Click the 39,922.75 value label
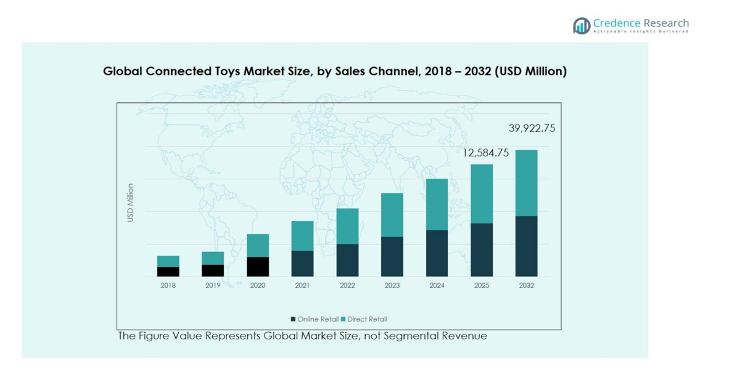(532, 128)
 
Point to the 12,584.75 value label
(486, 153)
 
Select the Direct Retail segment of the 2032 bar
(526, 183)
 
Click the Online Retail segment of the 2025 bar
(482, 249)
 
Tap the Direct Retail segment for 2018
(168, 261)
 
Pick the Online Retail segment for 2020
(258, 266)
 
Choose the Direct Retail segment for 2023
(392, 215)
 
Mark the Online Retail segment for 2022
(347, 260)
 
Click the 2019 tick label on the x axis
(213, 285)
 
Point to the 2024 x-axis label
(437, 285)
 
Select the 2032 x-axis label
(526, 285)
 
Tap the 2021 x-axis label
(302, 285)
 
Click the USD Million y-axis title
(130, 203)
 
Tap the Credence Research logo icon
(582, 25)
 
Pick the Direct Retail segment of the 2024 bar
(437, 205)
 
